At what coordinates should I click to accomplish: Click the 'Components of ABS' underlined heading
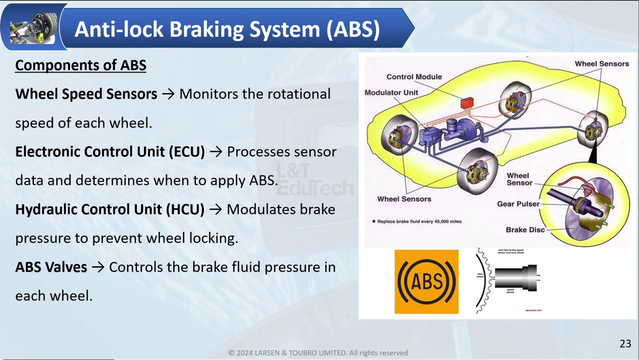(80, 65)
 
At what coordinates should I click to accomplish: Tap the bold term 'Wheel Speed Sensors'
(86, 94)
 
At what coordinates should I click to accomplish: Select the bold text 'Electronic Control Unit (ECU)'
(110, 152)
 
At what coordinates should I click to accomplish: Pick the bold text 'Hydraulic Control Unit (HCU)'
(110, 209)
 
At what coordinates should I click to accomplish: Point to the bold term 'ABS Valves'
(51, 267)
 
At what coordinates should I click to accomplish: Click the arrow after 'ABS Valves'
(98, 267)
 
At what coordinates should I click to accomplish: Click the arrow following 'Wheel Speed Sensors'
(168, 94)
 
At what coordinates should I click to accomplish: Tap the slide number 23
(625, 344)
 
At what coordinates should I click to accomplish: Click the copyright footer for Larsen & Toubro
(318, 353)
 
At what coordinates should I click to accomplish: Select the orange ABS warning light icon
(426, 282)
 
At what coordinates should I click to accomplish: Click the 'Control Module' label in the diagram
(414, 77)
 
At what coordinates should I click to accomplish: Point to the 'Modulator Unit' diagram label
(391, 93)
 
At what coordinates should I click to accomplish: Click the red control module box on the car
(467, 102)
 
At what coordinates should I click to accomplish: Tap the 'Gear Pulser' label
(518, 204)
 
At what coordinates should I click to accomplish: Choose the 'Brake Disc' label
(525, 230)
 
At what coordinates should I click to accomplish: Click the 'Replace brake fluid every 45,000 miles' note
(419, 221)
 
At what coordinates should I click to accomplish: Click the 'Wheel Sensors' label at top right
(602, 64)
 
